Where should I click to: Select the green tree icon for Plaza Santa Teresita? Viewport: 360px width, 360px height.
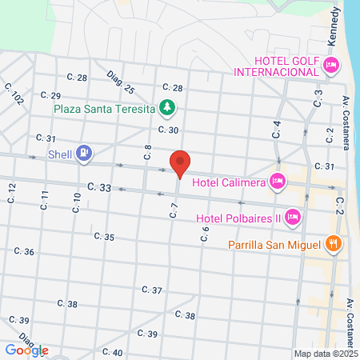[166, 106]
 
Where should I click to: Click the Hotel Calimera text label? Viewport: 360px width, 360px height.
[236, 182]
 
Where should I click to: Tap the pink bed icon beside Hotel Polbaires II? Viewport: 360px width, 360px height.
[293, 216]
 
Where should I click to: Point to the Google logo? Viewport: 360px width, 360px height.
[26, 350]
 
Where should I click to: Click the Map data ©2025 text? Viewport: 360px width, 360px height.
[324, 354]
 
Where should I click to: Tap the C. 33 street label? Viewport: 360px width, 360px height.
[101, 187]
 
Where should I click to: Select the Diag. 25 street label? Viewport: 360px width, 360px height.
[120, 84]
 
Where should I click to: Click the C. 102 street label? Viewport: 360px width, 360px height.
[14, 95]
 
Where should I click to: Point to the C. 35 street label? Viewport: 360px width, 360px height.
[104, 237]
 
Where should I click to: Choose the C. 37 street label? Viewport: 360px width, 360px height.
[152, 290]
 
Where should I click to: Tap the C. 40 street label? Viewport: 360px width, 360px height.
[112, 352]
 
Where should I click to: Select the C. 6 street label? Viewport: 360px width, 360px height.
[205, 234]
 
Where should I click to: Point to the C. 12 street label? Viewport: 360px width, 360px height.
[12, 193]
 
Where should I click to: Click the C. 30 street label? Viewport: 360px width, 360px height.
[167, 130]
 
